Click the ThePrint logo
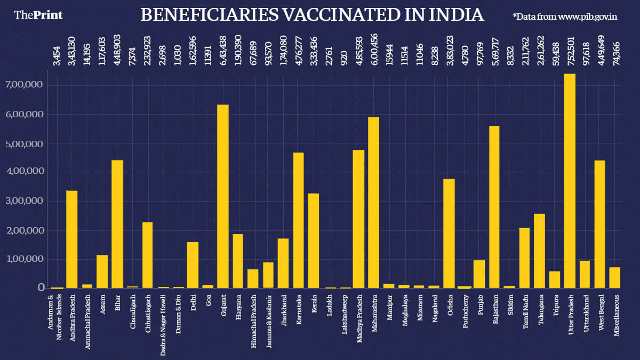click(x=38, y=15)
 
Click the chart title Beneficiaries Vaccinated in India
click(x=312, y=15)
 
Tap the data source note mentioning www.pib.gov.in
click(x=565, y=17)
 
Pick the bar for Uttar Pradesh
click(x=570, y=181)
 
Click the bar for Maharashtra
click(x=374, y=203)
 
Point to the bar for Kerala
click(x=314, y=241)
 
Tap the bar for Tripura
click(x=555, y=279)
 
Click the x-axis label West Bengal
click(x=600, y=314)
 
